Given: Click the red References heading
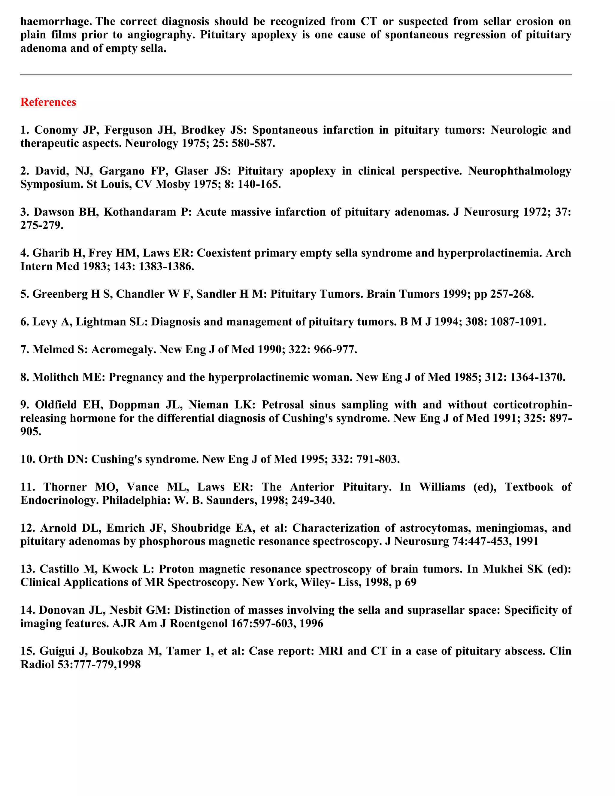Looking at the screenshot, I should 48,102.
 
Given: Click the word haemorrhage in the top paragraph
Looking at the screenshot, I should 55,22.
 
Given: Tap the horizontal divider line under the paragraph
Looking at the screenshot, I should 295,74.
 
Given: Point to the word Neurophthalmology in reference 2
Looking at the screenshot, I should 519,171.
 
